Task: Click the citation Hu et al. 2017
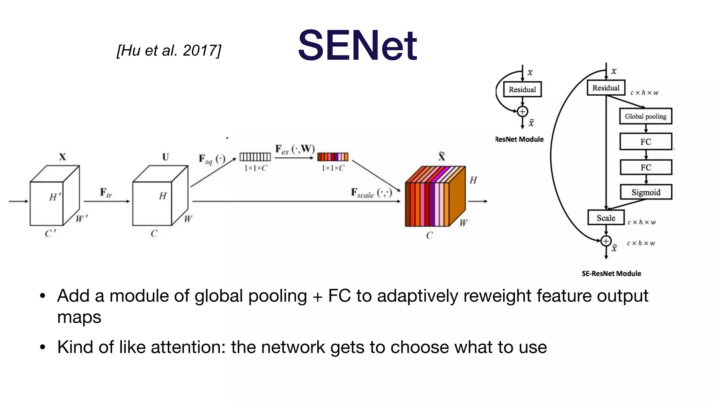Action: point(169,51)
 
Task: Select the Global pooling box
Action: point(646,116)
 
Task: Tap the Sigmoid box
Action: point(646,192)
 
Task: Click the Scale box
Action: point(606,218)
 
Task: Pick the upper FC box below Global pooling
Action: point(646,142)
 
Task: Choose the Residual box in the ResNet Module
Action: point(522,89)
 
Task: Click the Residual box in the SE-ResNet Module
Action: point(606,88)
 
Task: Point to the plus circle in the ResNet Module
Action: point(522,112)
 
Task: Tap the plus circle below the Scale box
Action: point(606,241)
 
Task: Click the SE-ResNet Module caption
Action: point(611,274)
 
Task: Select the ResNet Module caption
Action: point(519,139)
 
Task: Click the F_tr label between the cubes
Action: point(106,193)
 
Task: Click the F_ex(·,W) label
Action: point(295,149)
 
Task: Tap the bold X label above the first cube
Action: point(62,157)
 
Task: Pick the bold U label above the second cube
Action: point(165,157)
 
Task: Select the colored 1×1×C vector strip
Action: point(333,157)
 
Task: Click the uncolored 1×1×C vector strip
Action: point(255,157)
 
